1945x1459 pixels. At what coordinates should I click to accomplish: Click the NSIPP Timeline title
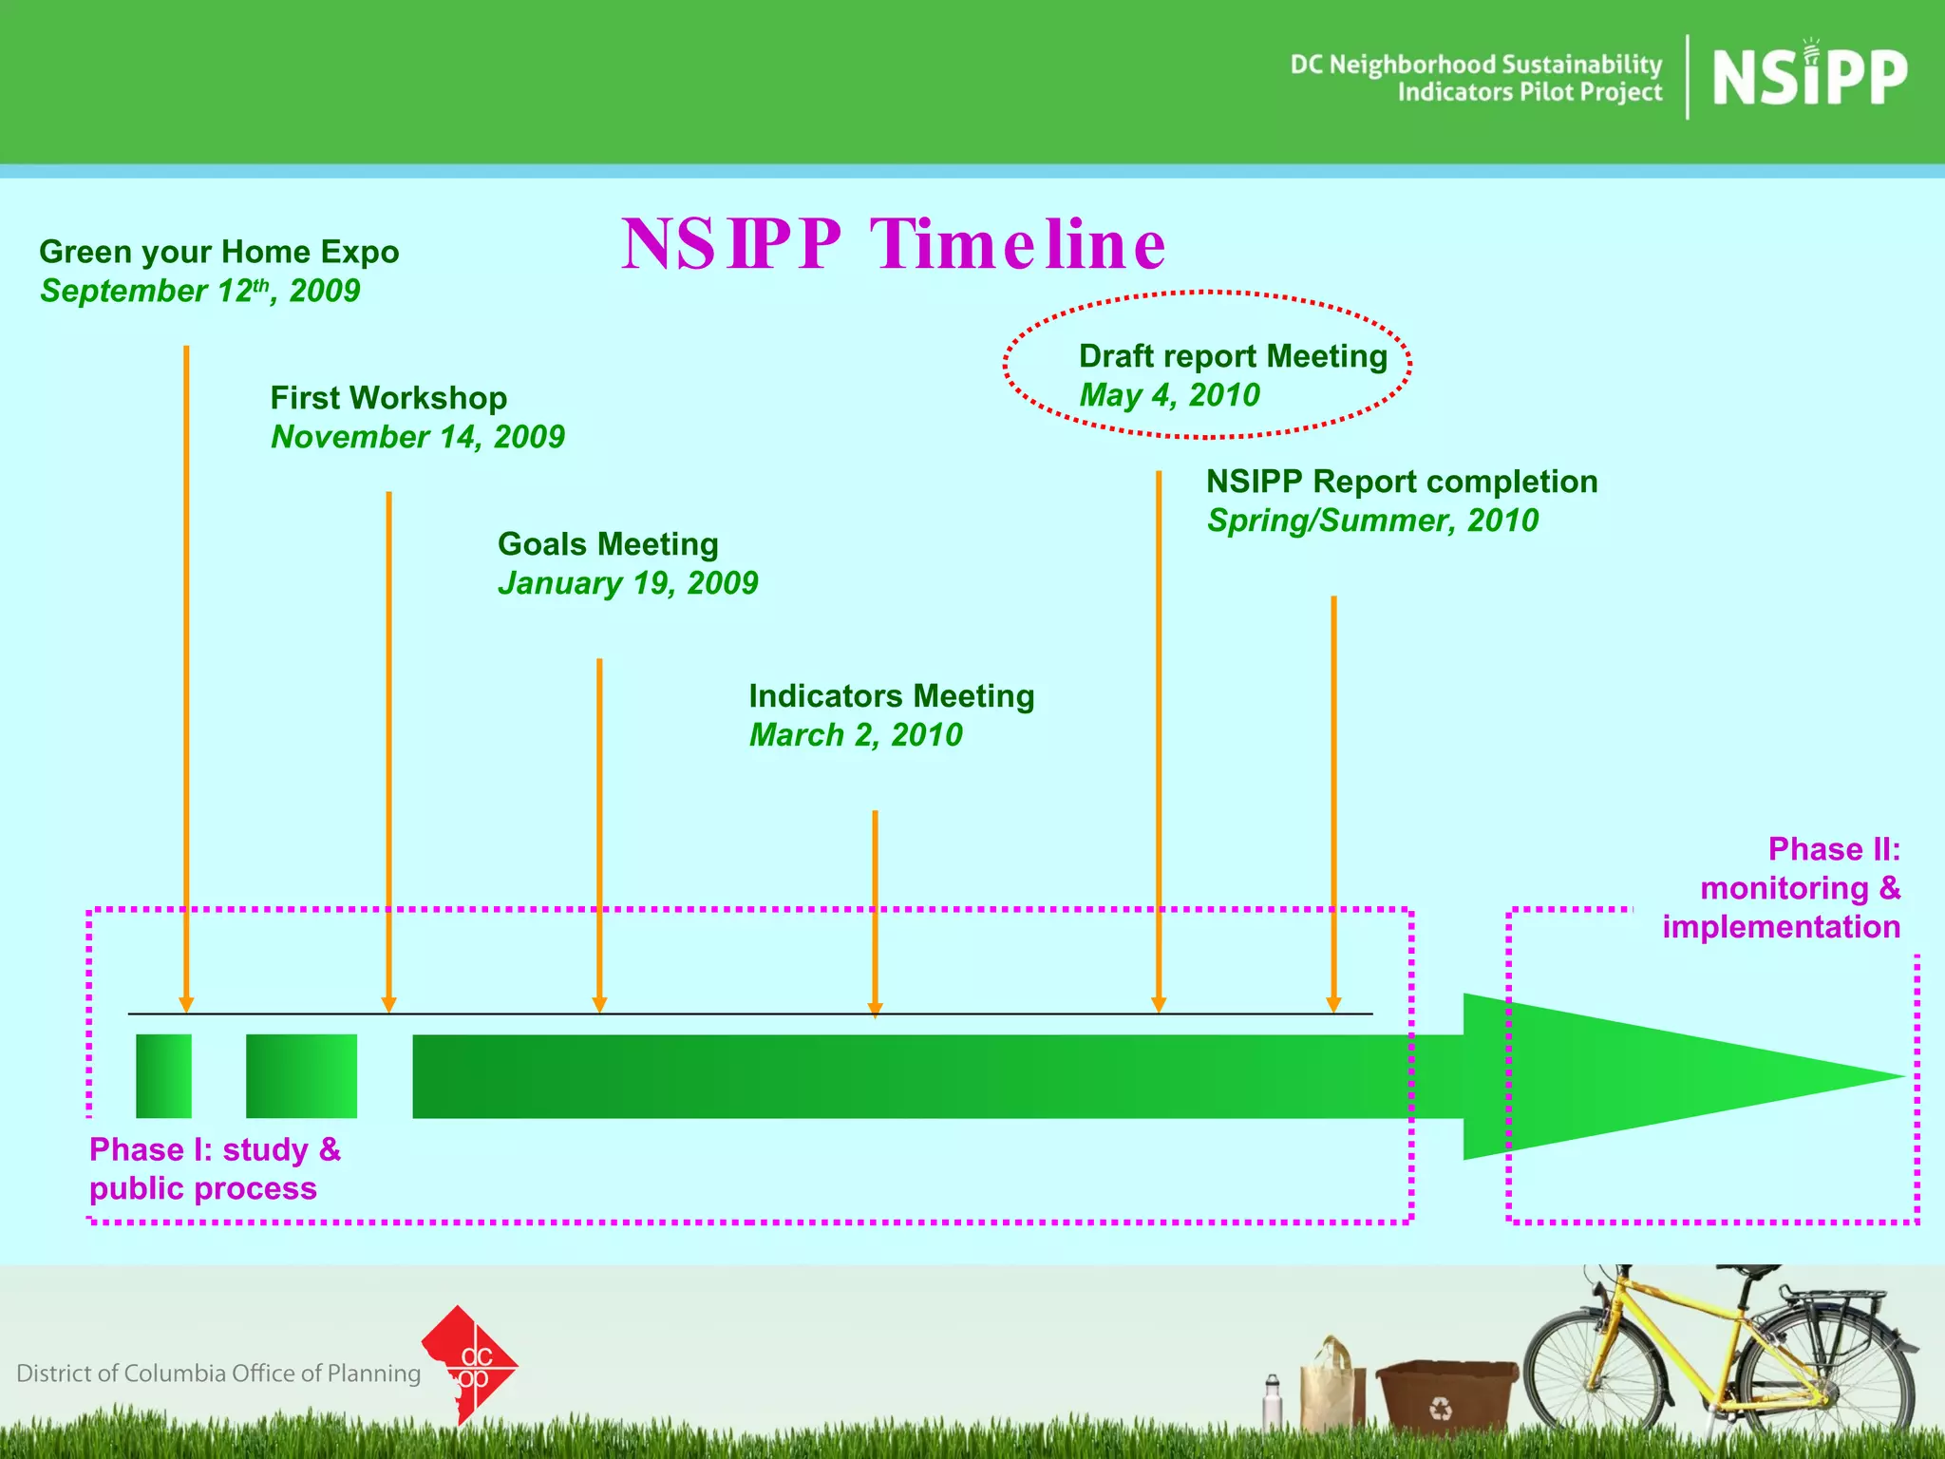click(x=893, y=244)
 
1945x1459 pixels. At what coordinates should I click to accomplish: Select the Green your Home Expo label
click(x=218, y=252)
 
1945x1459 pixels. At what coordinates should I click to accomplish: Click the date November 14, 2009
click(x=418, y=437)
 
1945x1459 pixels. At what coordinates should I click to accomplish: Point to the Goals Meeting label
click(x=608, y=544)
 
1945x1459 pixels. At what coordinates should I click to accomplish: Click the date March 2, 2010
click(x=855, y=735)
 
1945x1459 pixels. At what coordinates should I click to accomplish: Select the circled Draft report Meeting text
click(x=1233, y=357)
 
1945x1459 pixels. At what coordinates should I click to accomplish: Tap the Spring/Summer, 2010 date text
click(x=1372, y=521)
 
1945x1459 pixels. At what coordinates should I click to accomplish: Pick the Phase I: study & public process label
click(x=214, y=1169)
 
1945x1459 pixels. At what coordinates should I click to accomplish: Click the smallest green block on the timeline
click(x=163, y=1076)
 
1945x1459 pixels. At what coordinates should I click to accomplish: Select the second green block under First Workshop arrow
click(x=301, y=1076)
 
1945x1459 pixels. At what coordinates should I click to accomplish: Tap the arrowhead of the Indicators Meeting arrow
click(x=875, y=1009)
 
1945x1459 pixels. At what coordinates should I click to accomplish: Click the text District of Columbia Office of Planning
click(x=218, y=1374)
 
